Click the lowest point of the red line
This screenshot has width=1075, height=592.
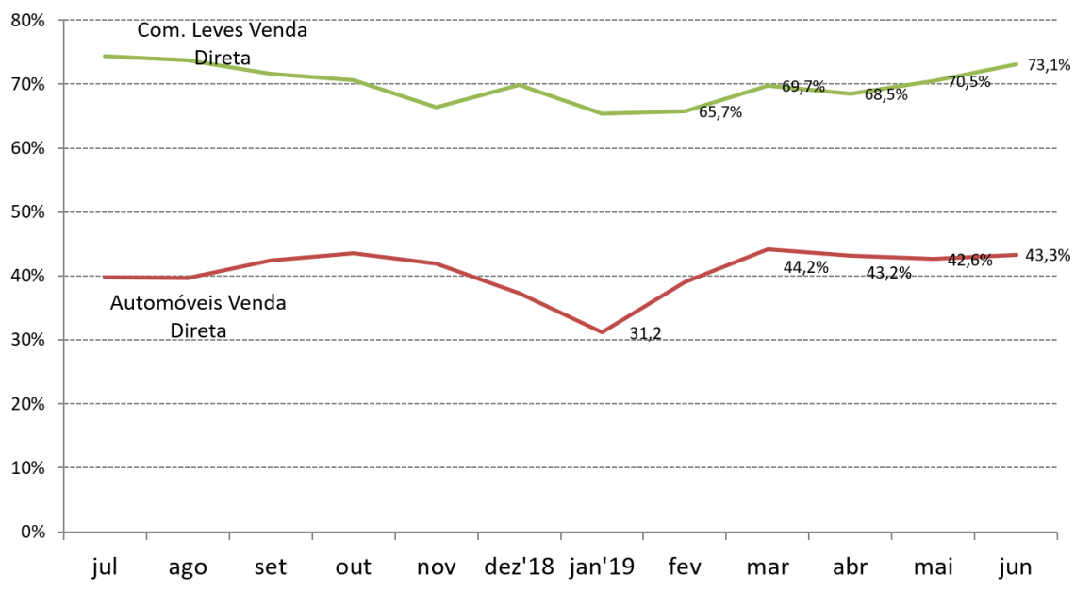pos(602,332)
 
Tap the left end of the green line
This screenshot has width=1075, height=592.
pos(105,57)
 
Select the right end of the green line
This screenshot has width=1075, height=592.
pos(1017,64)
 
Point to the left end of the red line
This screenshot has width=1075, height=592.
pos(105,278)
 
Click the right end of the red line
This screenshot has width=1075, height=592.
pos(1017,255)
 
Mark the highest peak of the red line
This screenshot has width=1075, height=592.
pos(769,249)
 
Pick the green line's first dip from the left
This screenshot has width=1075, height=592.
pos(437,107)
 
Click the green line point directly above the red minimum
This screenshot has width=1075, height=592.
pos(602,113)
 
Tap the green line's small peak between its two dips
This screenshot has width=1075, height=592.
pos(520,85)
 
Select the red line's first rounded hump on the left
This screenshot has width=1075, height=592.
pos(354,253)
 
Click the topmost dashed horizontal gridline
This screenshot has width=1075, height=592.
pos(556,20)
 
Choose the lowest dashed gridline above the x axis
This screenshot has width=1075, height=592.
pos(556,467)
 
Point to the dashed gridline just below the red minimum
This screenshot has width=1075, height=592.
pos(556,340)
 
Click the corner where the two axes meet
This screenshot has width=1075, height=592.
pos(63,532)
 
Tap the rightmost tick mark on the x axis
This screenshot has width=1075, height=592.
pos(1056,536)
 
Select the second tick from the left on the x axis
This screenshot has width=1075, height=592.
pos(146,536)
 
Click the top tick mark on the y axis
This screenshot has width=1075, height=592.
pos(59,20)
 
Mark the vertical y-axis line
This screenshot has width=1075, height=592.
pos(63,283)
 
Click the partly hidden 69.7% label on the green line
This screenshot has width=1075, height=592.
pos(803,88)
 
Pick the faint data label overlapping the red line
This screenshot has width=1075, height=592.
pos(968,257)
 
